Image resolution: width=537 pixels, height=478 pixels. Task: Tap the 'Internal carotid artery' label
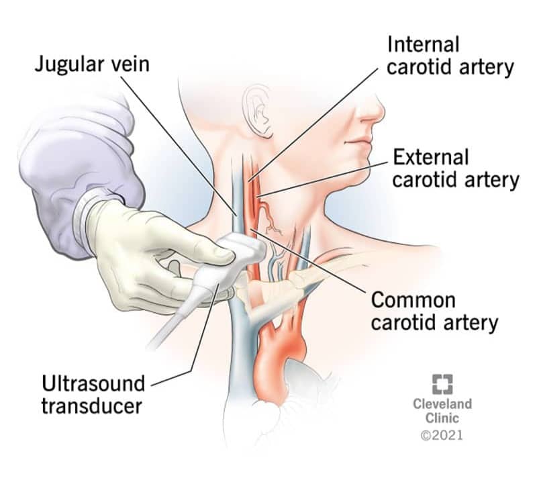pos(449,56)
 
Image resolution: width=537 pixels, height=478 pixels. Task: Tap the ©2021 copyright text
pos(442,435)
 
